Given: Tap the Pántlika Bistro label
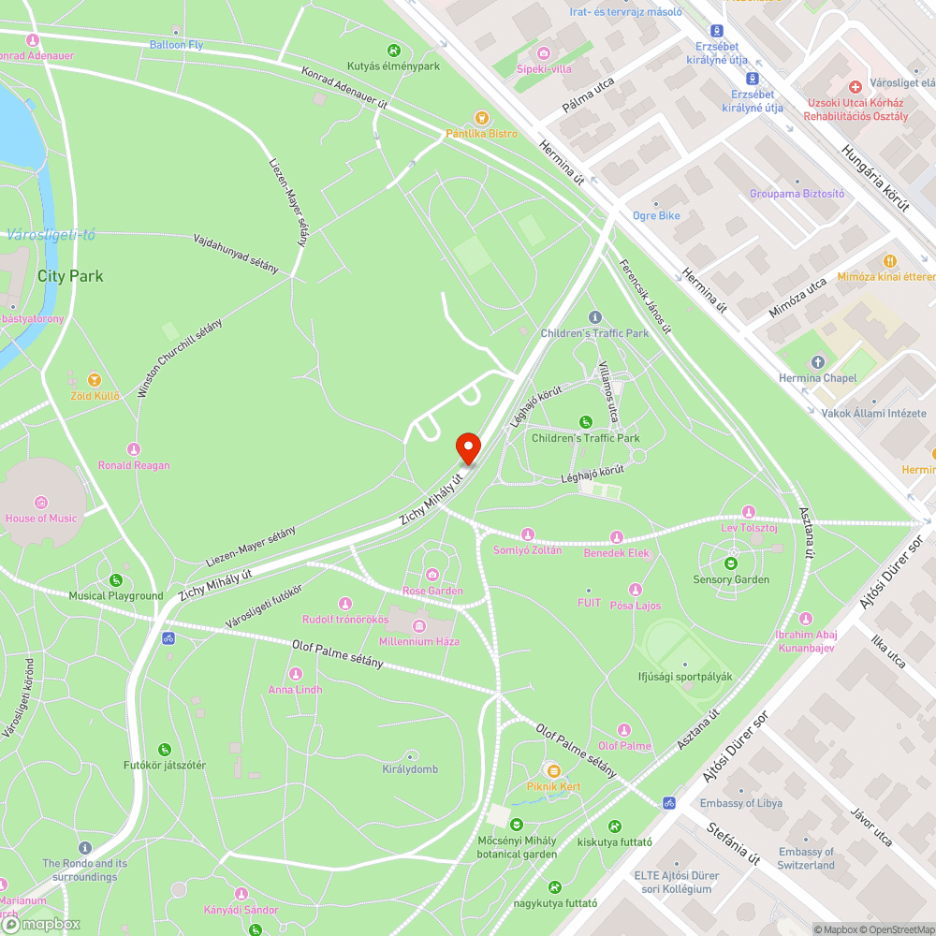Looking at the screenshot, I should pyautogui.click(x=481, y=134).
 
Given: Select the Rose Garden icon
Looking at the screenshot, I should pyautogui.click(x=432, y=574).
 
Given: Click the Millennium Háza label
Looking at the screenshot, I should pyautogui.click(x=419, y=641).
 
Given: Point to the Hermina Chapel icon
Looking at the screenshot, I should pyautogui.click(x=818, y=362).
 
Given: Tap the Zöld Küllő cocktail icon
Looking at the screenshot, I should pyautogui.click(x=94, y=379).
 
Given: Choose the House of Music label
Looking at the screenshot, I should pyautogui.click(x=41, y=518).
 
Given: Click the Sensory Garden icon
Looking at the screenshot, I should pyautogui.click(x=730, y=563).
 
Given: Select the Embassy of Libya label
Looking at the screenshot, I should pyautogui.click(x=741, y=803).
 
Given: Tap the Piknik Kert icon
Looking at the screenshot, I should pyautogui.click(x=553, y=770).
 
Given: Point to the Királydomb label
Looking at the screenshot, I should pyautogui.click(x=410, y=769).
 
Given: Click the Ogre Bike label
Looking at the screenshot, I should pyautogui.click(x=656, y=215).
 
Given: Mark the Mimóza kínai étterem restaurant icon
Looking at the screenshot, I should pyautogui.click(x=890, y=261).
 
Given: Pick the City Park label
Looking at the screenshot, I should pyautogui.click(x=70, y=276).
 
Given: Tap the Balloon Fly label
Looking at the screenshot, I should pyautogui.click(x=176, y=44).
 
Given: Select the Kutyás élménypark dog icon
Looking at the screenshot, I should pyautogui.click(x=394, y=51).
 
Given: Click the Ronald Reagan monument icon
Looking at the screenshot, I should pyautogui.click(x=134, y=449).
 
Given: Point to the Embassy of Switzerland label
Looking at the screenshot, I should pyautogui.click(x=806, y=858).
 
